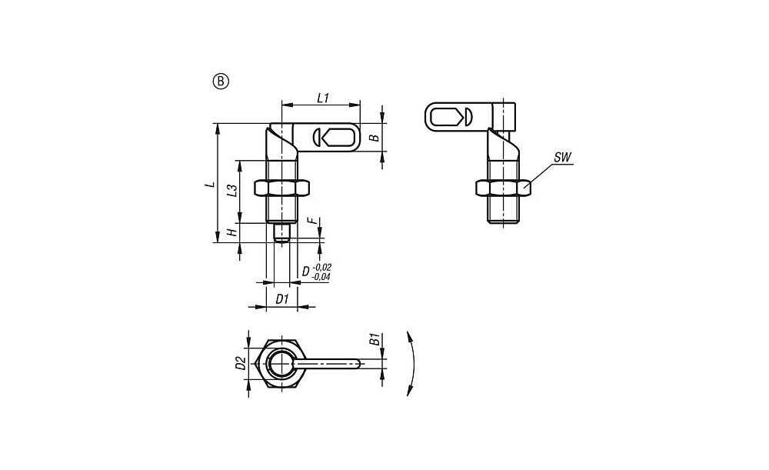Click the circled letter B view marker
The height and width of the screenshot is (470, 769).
pyautogui.click(x=220, y=82)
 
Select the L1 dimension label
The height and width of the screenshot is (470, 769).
pyautogui.click(x=322, y=98)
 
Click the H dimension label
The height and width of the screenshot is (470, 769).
pyautogui.click(x=234, y=232)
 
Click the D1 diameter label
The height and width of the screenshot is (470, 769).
pyautogui.click(x=281, y=298)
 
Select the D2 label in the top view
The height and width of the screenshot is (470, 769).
pyautogui.click(x=240, y=364)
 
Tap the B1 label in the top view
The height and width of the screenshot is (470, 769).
pyautogui.click(x=374, y=339)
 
